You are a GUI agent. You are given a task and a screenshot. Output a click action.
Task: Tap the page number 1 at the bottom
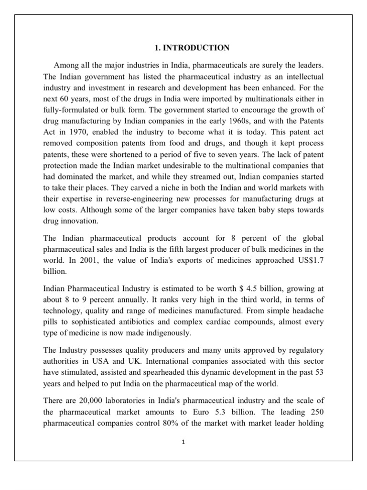coord(183,442)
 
